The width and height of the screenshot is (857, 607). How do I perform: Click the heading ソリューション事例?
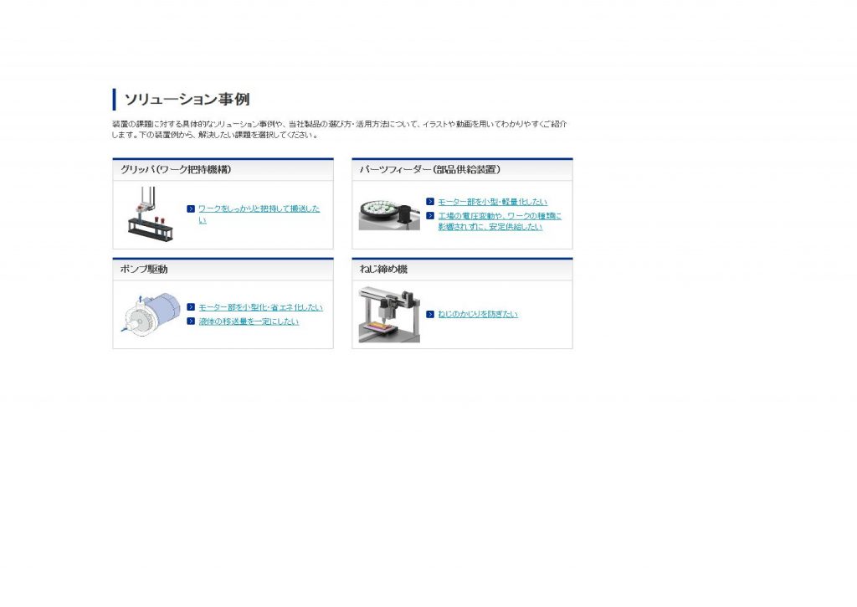point(187,100)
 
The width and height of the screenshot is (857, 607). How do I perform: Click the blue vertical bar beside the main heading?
point(114,100)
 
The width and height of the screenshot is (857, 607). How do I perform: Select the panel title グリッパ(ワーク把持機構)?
point(176,169)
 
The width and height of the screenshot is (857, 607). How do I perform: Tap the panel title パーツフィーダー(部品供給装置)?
point(429,169)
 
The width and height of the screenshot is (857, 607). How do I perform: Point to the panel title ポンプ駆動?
point(144,269)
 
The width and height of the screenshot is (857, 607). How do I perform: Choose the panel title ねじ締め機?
point(383,269)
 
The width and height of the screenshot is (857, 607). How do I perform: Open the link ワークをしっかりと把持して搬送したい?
point(259,214)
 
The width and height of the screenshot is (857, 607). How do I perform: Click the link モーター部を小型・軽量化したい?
point(492,202)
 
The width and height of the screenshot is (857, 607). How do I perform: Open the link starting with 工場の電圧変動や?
point(500,222)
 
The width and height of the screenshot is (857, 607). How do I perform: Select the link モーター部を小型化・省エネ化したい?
point(261,307)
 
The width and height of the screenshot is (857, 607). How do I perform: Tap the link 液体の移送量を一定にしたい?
point(249,322)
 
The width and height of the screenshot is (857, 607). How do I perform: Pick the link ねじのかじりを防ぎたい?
point(478,314)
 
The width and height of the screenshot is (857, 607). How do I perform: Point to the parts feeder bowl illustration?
point(389,213)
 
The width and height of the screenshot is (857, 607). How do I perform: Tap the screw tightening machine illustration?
point(389,315)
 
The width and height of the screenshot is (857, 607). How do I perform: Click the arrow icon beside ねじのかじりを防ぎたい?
point(430,314)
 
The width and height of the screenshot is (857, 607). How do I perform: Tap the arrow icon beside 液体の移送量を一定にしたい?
point(191,321)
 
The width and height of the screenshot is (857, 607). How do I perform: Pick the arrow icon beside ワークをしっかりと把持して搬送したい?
point(191,209)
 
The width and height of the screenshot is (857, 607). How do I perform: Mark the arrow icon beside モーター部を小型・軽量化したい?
point(430,202)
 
